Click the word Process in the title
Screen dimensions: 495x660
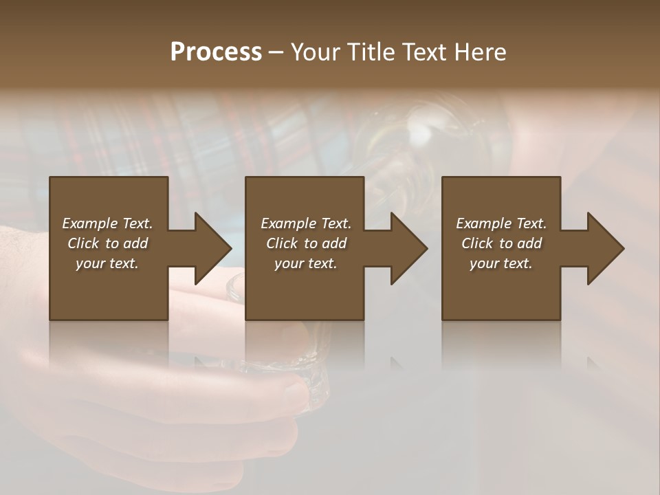click(216, 52)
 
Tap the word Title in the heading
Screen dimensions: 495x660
click(372, 52)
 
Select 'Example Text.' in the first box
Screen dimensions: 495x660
click(107, 223)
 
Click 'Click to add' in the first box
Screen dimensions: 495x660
click(107, 243)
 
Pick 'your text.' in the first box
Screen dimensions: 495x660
click(107, 263)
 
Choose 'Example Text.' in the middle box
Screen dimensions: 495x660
click(306, 223)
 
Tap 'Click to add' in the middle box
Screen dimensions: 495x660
click(306, 243)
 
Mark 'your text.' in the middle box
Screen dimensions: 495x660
click(306, 263)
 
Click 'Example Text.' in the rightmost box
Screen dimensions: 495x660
click(501, 223)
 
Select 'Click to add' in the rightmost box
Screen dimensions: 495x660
click(501, 243)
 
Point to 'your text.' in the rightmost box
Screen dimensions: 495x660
click(501, 263)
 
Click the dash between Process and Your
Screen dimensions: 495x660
click(276, 52)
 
